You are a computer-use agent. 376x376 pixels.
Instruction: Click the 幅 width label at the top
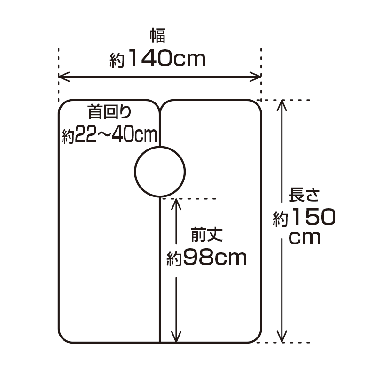[157, 36]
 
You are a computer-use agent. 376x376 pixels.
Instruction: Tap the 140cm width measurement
[167, 58]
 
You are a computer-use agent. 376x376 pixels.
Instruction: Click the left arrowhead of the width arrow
[64, 77]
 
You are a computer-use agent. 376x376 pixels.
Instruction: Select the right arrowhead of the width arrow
[256, 77]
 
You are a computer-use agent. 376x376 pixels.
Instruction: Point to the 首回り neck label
[110, 111]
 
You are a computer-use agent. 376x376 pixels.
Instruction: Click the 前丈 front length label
[207, 234]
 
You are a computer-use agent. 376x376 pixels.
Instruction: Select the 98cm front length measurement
[215, 258]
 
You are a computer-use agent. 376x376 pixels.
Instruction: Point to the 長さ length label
[304, 195]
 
